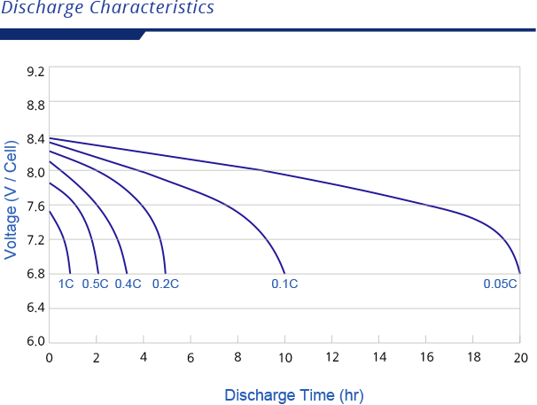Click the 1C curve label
(66, 284)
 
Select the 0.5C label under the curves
(95, 284)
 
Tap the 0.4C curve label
(128, 284)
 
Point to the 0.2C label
(166, 284)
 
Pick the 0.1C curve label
(284, 284)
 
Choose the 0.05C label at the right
(499, 284)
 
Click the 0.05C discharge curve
(354, 189)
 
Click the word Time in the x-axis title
(315, 395)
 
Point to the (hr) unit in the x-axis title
(351, 395)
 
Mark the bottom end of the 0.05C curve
(519, 271)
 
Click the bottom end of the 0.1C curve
(284, 271)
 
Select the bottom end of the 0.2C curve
(166, 271)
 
